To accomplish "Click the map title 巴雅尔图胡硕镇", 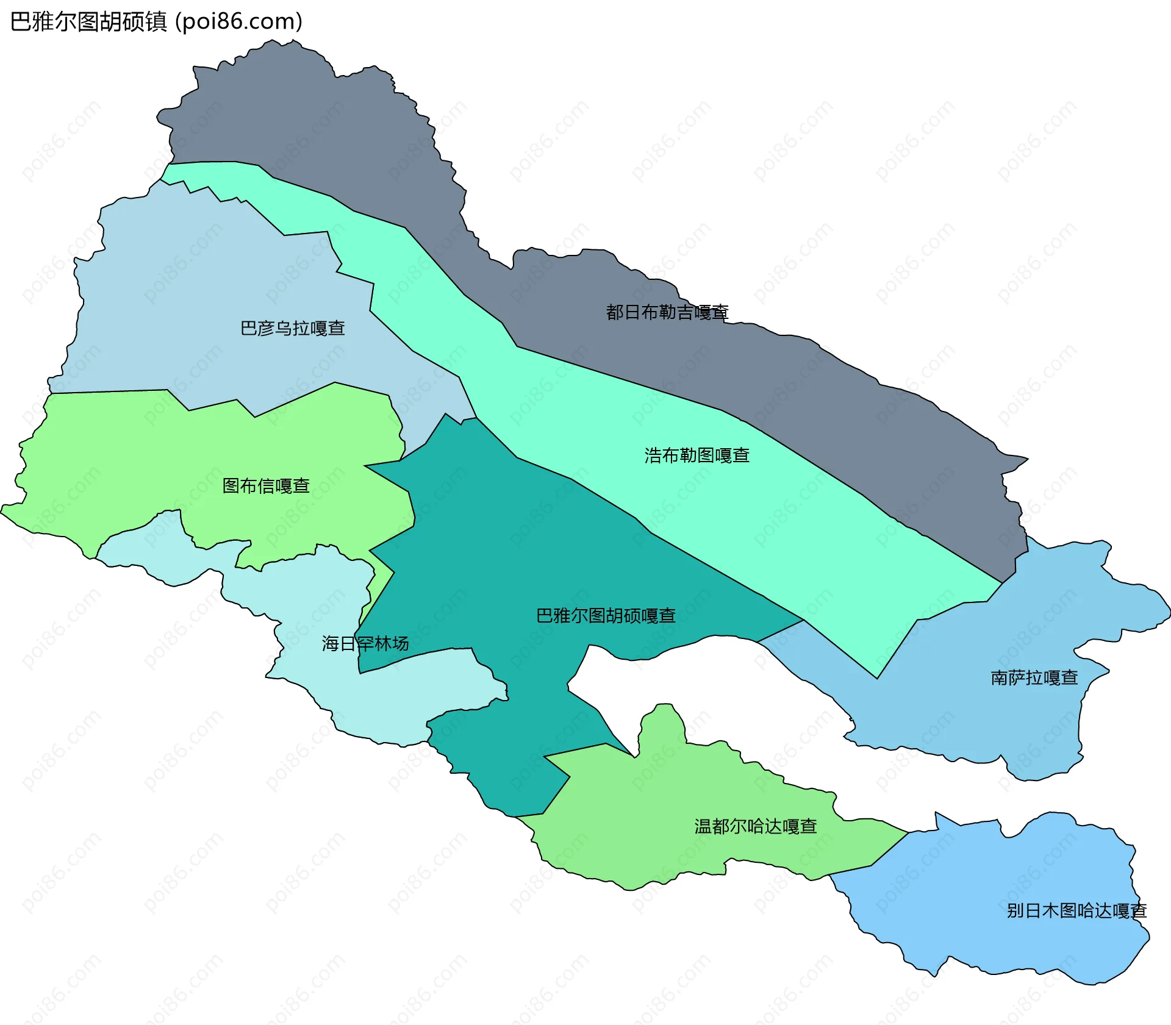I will [89, 22].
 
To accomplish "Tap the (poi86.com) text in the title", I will [239, 22].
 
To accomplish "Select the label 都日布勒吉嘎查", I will [667, 312].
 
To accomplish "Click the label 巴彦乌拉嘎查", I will [293, 329].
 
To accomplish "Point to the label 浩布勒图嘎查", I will [697, 455].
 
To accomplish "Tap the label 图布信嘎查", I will [266, 486].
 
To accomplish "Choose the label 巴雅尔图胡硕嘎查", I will [606, 616].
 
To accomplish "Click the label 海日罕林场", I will [365, 644].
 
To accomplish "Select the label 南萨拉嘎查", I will [1034, 678].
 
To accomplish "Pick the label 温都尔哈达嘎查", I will [756, 827].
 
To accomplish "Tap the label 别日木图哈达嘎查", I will [1076, 911].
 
